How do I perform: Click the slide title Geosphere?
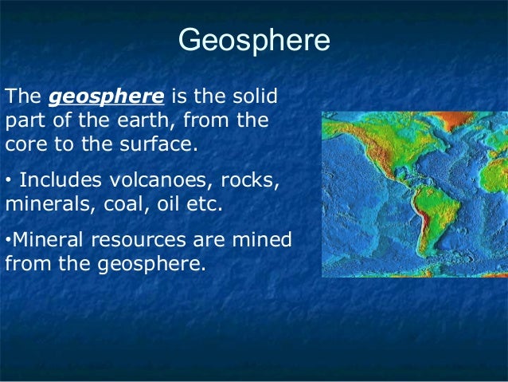pos(253,41)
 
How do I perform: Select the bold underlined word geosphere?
pos(107,97)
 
